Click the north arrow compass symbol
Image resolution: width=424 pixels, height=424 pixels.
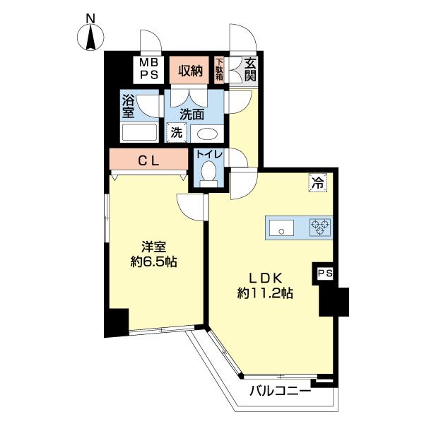(x=90, y=35)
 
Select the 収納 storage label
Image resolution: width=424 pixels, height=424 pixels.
(x=190, y=70)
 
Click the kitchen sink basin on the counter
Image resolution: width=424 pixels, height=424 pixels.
(x=281, y=228)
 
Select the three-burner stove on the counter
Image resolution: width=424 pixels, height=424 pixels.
(x=319, y=228)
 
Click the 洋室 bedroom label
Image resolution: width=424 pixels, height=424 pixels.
(x=153, y=247)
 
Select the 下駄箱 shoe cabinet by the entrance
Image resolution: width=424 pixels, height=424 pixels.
(x=219, y=70)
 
